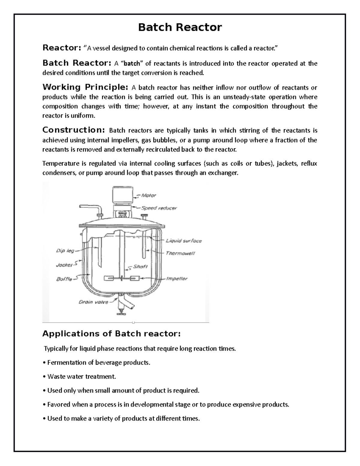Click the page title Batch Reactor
point(180,27)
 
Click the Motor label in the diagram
point(148,195)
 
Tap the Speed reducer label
point(159,208)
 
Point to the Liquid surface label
point(184,241)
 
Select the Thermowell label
point(180,253)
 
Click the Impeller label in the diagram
point(177,278)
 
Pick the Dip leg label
point(65,251)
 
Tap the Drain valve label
point(93,302)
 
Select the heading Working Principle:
point(85,87)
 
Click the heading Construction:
point(73,130)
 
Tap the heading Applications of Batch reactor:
point(111,333)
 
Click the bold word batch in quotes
point(132,64)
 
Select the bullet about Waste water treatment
point(81,376)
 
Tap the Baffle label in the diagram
point(64,279)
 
